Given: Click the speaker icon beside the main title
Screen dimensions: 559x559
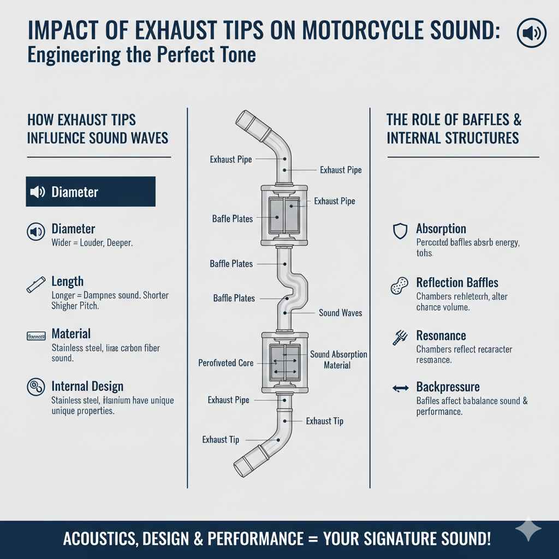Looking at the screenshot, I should click(531, 34).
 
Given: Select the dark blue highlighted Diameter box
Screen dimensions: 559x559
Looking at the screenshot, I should click(91, 192).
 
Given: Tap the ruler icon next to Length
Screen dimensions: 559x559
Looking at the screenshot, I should click(35, 284).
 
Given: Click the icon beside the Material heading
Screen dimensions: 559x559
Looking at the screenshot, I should click(35, 336).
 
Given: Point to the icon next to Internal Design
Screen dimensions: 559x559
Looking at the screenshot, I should click(35, 387).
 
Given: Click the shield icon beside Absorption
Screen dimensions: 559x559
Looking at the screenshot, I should click(400, 231).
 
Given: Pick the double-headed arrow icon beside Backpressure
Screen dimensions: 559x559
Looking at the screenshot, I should click(400, 388).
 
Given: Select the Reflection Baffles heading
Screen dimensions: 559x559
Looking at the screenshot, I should click(457, 282).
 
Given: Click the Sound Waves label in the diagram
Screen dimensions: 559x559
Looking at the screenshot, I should click(340, 313).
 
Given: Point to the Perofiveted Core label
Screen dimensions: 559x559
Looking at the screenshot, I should click(226, 363).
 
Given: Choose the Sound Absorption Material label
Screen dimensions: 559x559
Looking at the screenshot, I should click(338, 360).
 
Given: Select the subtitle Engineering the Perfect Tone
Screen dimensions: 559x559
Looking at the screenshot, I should click(141, 56).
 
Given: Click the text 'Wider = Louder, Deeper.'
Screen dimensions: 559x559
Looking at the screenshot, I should click(92, 243).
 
